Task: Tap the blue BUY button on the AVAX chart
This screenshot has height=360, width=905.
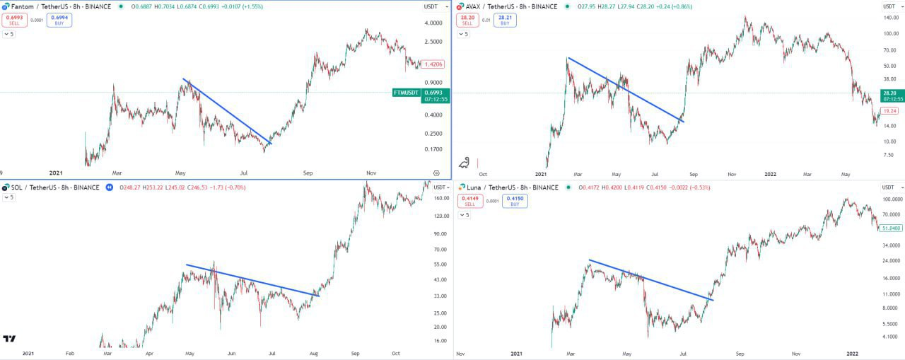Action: tap(506, 20)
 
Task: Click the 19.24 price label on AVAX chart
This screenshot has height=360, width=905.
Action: tap(889, 111)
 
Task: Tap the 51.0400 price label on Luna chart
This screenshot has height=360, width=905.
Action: tap(890, 228)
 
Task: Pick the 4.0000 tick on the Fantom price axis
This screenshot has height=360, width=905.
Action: tap(433, 23)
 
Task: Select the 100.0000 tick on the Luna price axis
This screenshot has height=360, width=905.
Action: tap(890, 199)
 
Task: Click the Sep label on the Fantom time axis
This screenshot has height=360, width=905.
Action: tap(308, 173)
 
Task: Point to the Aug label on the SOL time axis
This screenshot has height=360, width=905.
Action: tap(313, 354)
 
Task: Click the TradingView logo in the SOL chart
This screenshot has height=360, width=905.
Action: tap(10, 339)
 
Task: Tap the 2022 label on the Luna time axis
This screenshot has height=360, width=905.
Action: tap(853, 354)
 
